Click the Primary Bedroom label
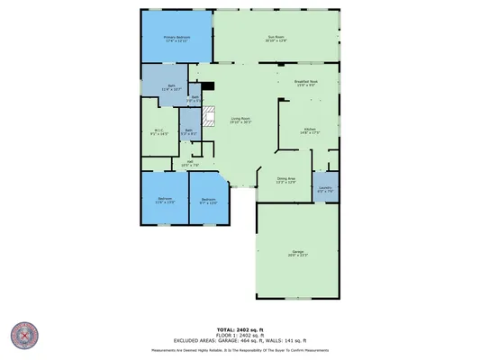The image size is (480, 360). pos(177,39)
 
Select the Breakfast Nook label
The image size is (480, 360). pos(307,84)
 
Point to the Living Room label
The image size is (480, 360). pos(240,120)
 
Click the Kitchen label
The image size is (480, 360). pos(310,131)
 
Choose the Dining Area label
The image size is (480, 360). pos(285,181)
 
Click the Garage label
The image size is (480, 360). pos(297,255)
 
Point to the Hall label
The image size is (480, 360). pos(190,164)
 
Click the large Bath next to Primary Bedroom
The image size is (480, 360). pos(171,88)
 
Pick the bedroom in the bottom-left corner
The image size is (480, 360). pos(165,200)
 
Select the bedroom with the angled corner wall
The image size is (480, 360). pos(208,201)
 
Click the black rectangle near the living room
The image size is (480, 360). pos(208,87)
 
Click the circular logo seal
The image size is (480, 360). pos(23,336)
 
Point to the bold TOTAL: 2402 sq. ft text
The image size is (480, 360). pos(240,329)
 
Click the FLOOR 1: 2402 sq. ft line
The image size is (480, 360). pos(240,335)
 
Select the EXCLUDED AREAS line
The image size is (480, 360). pos(240,340)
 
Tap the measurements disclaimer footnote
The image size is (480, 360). pos(240,349)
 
